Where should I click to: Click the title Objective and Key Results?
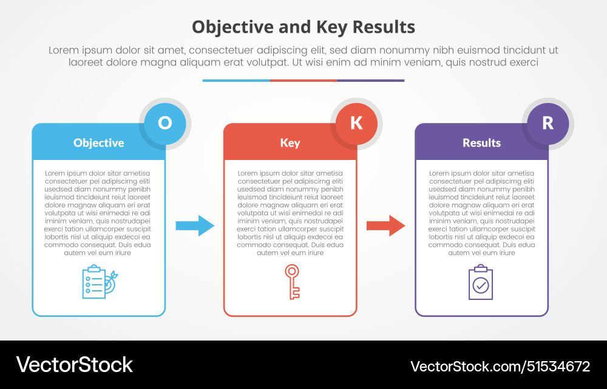coord(303,27)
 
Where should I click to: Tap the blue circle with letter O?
coord(164,124)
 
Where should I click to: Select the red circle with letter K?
coord(356,124)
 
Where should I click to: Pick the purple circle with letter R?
coord(548,124)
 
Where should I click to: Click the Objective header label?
coord(98,143)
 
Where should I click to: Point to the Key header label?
coord(290,143)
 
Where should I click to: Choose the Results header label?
coord(481,143)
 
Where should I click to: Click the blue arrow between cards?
coord(195,226)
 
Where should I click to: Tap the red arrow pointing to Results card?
coord(385,226)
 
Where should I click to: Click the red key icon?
coord(293,282)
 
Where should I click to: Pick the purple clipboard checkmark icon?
coord(481,282)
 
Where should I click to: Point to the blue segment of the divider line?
coord(236,80)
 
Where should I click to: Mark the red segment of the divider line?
coord(303,80)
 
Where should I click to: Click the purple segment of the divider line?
coord(370,80)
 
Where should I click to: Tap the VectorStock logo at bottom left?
coord(74,365)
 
